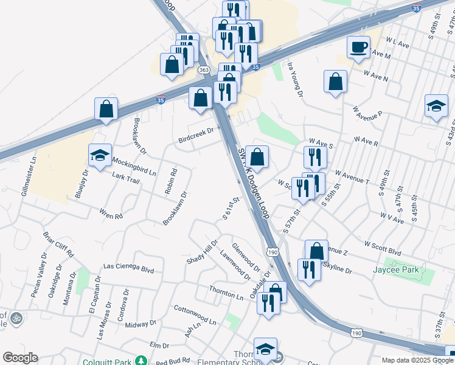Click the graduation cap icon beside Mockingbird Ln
coord(100,155)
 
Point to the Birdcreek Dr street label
coord(196,135)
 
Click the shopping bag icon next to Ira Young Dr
coord(335,82)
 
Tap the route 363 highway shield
coord(204,71)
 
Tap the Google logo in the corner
coord(20,357)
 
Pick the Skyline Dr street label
coord(337,268)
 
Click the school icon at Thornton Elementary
coord(265,349)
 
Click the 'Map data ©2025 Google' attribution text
coord(417,360)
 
